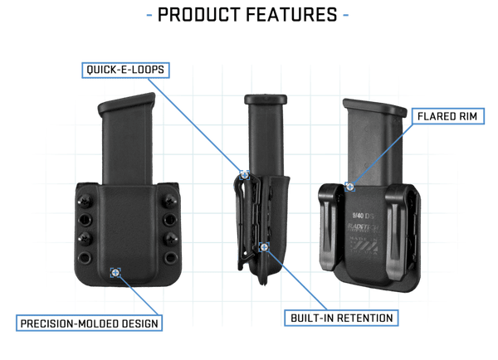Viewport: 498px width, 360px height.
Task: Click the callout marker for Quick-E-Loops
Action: pos(246,174)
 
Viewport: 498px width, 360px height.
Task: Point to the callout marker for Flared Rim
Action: pos(351,187)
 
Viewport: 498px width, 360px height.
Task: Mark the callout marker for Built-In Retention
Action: pos(264,246)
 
